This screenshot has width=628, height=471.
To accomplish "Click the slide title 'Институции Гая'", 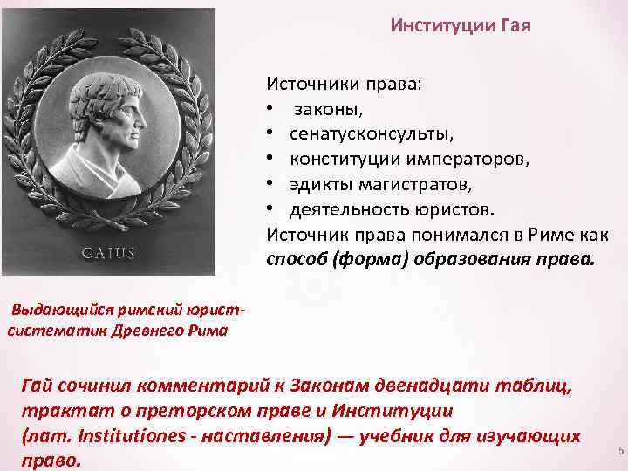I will [460, 25].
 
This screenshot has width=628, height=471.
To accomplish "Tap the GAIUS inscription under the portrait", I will [108, 253].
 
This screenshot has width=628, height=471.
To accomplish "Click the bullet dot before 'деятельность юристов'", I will [272, 210].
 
